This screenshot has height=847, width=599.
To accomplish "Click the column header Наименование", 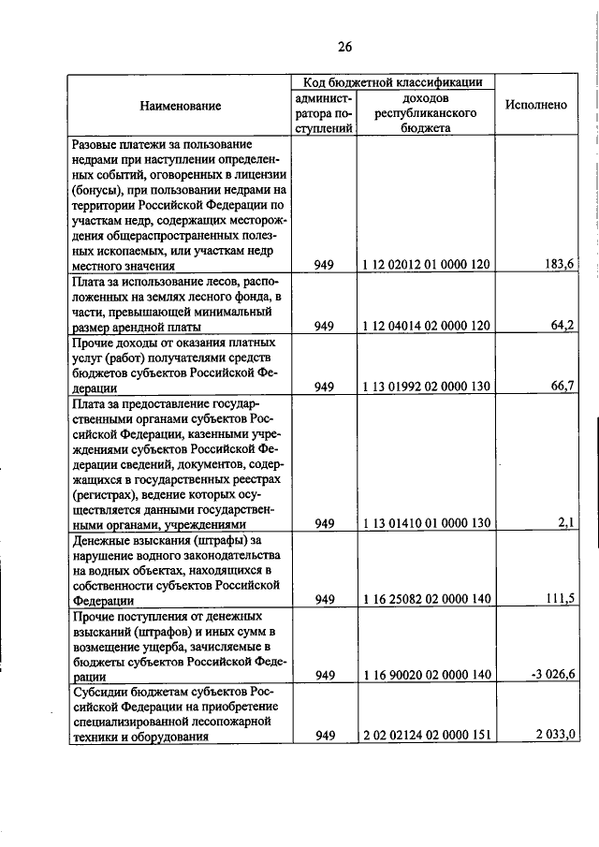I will (181, 106).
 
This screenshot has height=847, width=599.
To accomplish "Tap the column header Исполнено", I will (536, 105).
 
